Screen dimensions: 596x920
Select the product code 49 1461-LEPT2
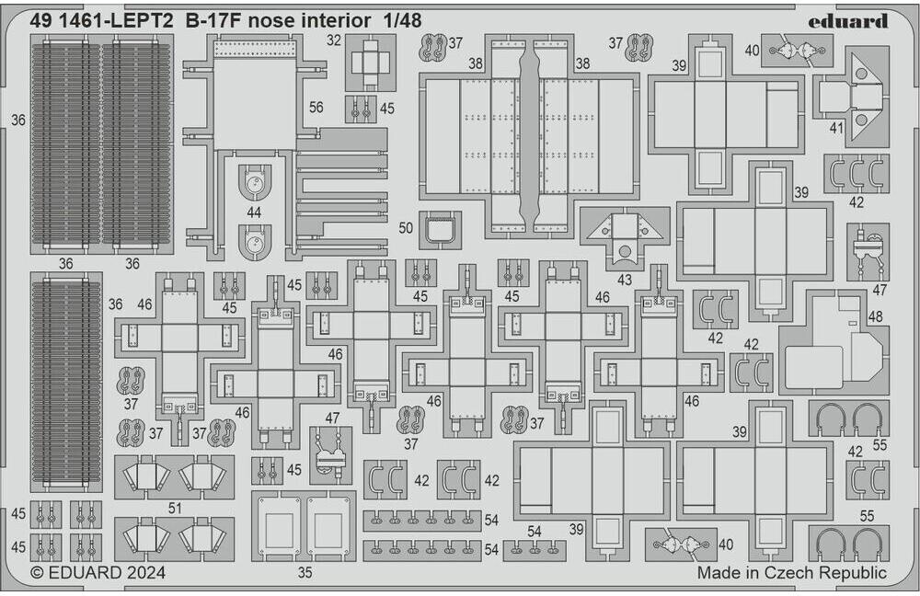[102, 20]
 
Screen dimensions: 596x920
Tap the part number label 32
[334, 40]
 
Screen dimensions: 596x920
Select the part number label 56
[316, 108]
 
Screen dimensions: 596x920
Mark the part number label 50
[407, 226]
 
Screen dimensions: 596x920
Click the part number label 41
[835, 129]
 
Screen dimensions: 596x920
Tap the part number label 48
[874, 315]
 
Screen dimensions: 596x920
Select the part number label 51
[174, 506]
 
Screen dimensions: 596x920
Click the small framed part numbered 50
[440, 229]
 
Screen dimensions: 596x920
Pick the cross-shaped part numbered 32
[371, 62]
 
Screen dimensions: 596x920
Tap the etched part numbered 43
[625, 235]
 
